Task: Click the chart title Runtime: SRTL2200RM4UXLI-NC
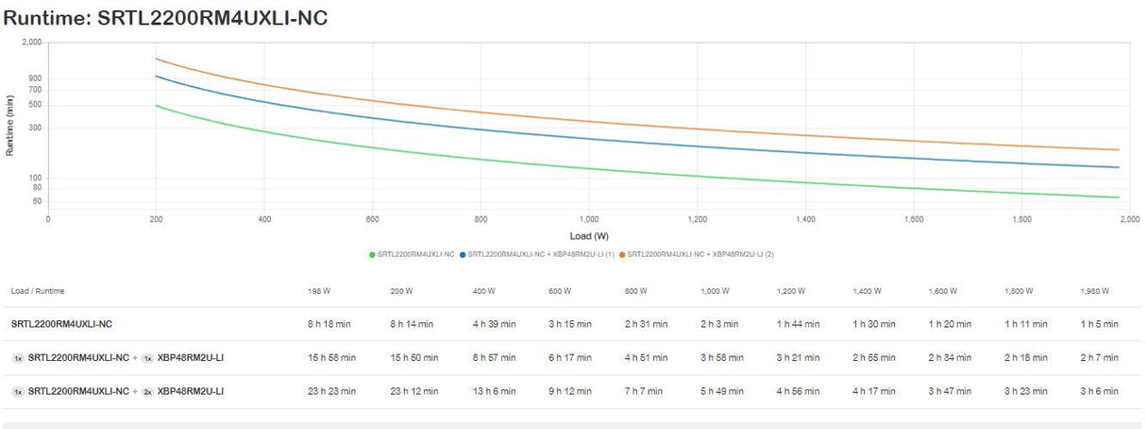coord(165,17)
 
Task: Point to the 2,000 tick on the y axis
coord(31,43)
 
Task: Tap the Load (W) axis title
coord(588,235)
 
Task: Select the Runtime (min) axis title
coord(10,126)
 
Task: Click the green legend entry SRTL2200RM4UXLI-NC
coord(412,254)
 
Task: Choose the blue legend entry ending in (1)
coord(537,254)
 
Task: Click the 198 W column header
coord(319,291)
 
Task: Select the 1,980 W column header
coord(1095,291)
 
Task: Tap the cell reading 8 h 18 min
coord(332,324)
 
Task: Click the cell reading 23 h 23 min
coord(332,391)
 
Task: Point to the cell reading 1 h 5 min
coord(1099,324)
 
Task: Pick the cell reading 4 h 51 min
coord(646,358)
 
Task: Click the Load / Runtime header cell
coord(38,291)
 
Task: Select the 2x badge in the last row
coord(147,391)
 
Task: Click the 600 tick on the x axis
coord(372,219)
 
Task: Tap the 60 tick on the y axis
coord(37,201)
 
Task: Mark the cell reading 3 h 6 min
coord(1099,391)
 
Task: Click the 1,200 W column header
coord(791,291)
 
